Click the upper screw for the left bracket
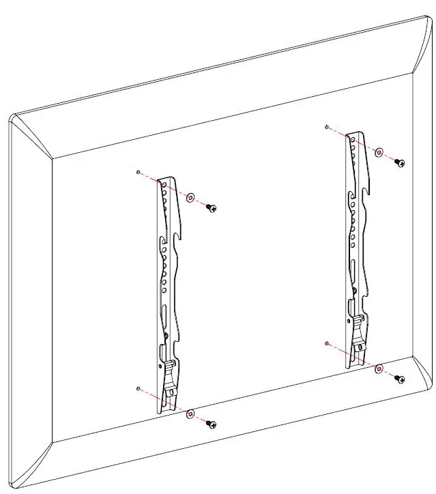pos(212,207)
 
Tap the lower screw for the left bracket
pos(212,424)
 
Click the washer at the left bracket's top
pos(190,197)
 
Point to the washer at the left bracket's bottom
pos(190,413)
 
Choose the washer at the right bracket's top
pos(379,151)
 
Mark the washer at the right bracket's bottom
pos(379,368)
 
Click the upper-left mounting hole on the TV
pos(139,172)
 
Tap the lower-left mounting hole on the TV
pos(139,388)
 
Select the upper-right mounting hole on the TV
pos(328,127)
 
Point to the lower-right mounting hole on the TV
pos(328,343)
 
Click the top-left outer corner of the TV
pos(12,117)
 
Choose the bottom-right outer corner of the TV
pos(432,383)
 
